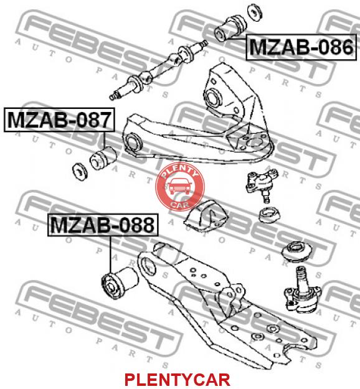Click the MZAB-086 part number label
click(301, 47)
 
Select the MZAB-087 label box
click(59, 120)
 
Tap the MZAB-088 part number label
click(103, 225)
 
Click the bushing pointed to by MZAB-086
click(230, 28)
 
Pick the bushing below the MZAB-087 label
click(103, 158)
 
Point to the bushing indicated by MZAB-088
click(120, 283)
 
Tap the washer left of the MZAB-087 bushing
click(80, 171)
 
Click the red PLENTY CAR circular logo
click(180, 187)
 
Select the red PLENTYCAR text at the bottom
click(178, 380)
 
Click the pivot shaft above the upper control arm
click(158, 70)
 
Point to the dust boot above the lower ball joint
click(297, 251)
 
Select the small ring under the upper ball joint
click(269, 215)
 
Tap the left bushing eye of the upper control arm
click(133, 143)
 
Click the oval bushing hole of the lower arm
click(148, 266)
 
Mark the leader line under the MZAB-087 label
click(104, 139)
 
